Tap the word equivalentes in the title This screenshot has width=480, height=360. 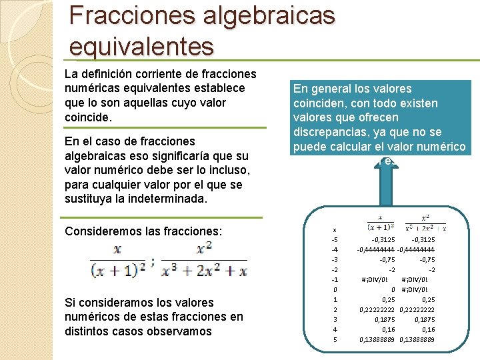[x=142, y=47]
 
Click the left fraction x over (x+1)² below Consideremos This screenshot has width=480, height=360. [x=118, y=261]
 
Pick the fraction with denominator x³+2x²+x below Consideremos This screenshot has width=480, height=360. [x=205, y=261]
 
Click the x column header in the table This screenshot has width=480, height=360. [x=334, y=228]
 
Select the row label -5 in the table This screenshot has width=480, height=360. [x=334, y=239]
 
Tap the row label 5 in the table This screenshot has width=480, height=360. [x=335, y=339]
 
